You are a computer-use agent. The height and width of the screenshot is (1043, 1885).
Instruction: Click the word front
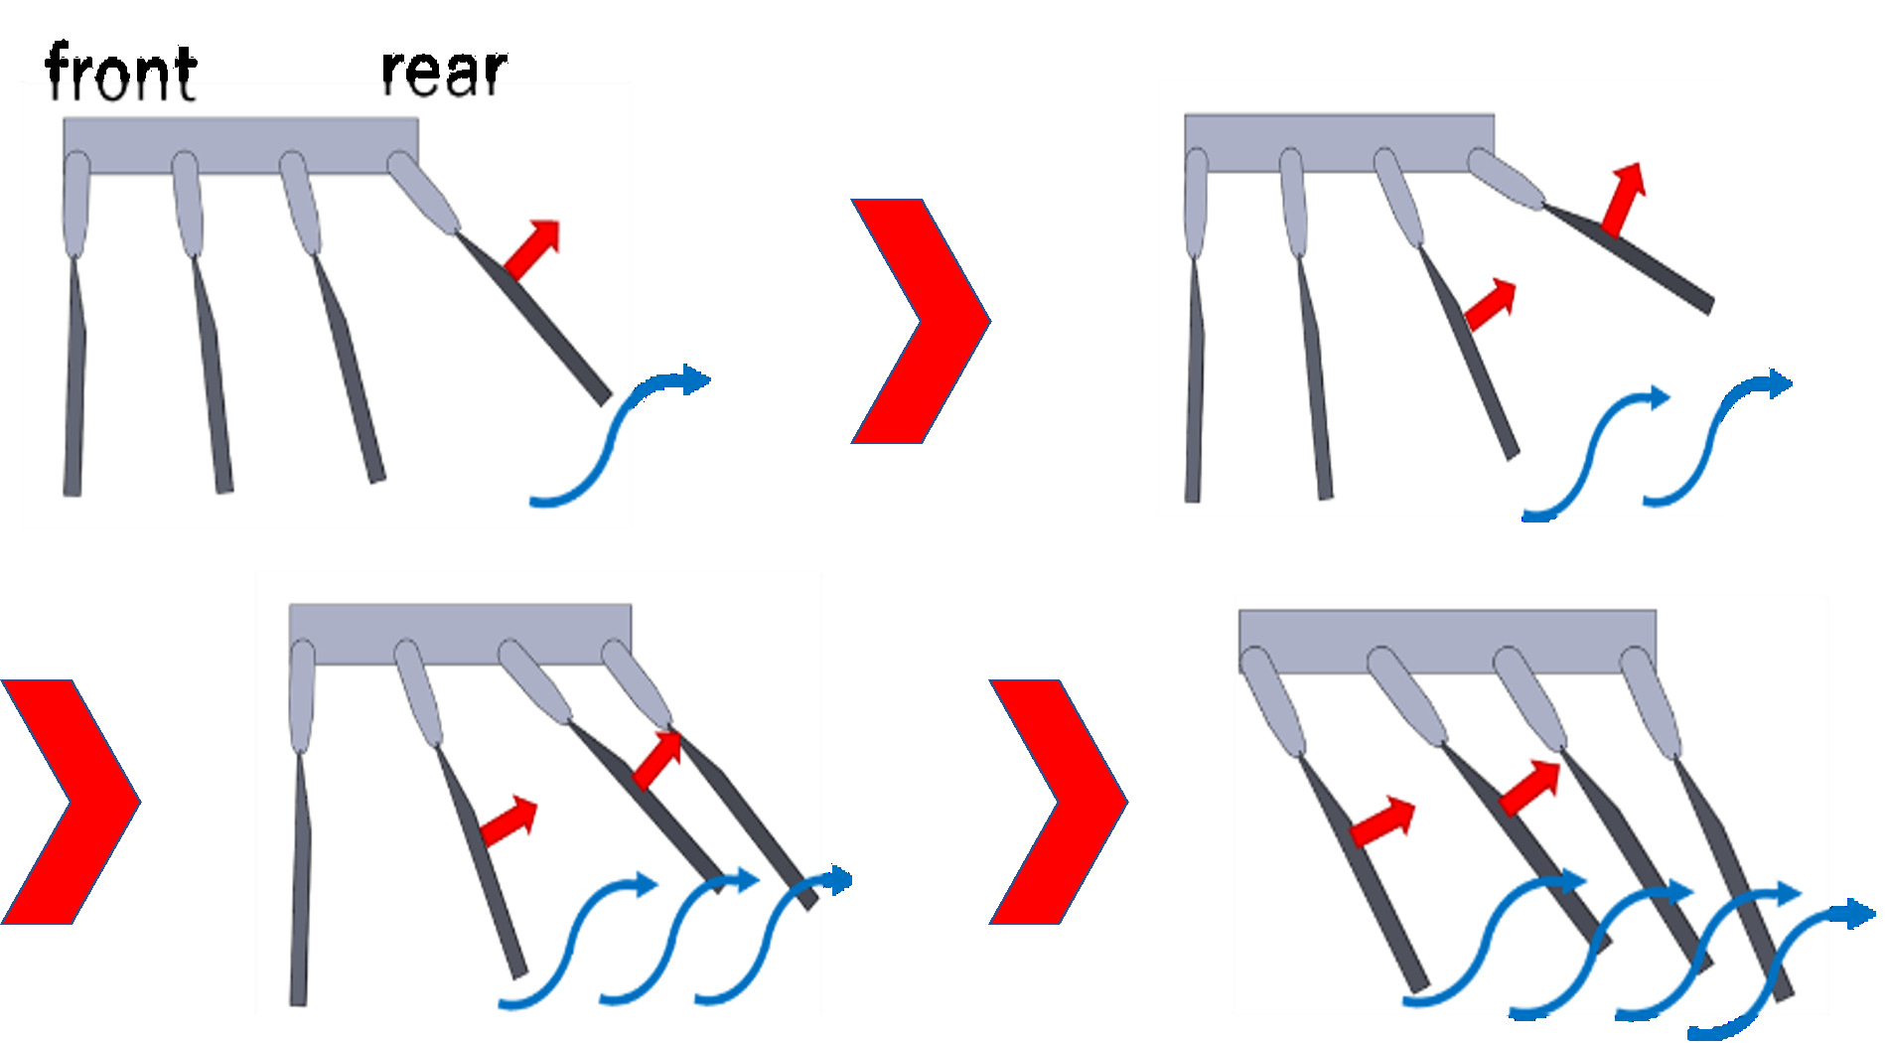tap(120, 73)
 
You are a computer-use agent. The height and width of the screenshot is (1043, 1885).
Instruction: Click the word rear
tap(444, 71)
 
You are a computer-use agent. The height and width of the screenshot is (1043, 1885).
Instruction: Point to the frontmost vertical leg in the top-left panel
tap(73, 377)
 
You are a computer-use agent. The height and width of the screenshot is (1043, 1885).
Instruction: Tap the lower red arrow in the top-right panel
tap(1490, 305)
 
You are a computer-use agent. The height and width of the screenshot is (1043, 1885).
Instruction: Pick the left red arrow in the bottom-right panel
tap(1380, 821)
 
